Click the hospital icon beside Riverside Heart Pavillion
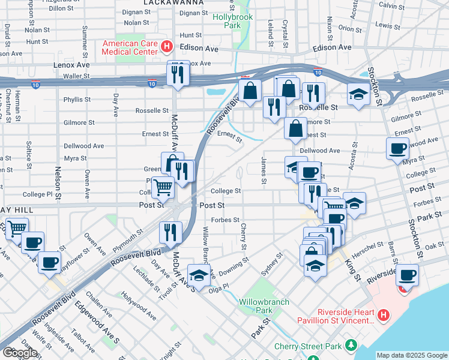(x=385, y=314)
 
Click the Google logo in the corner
(x=19, y=353)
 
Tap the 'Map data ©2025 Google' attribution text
(x=412, y=355)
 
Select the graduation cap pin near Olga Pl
(x=199, y=275)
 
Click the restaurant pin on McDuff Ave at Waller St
(x=178, y=74)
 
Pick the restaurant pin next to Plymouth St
(x=170, y=233)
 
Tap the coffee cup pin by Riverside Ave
(x=407, y=275)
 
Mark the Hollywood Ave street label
(x=139, y=305)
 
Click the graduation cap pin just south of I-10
(x=358, y=95)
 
